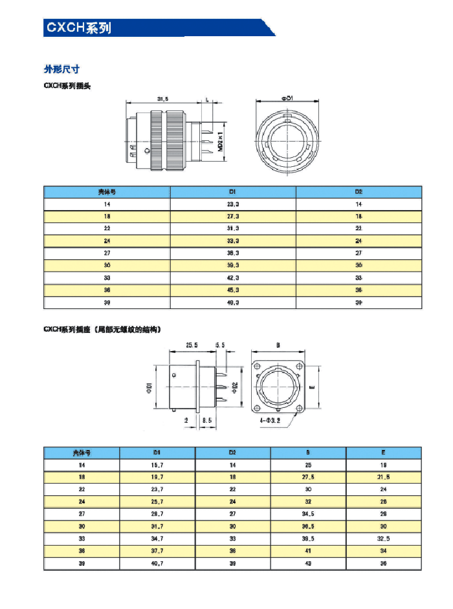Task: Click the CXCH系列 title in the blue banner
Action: point(78,28)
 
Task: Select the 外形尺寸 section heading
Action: point(61,70)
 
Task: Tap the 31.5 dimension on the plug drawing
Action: point(163,99)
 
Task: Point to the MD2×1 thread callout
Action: point(220,138)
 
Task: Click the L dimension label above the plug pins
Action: point(206,99)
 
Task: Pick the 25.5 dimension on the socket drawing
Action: point(192,346)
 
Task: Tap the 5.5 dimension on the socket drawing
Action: point(220,346)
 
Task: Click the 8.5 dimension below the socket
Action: point(207,421)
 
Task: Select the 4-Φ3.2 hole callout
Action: point(271,421)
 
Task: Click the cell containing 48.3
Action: point(233,303)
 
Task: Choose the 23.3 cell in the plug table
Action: point(233,204)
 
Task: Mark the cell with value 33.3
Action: point(233,240)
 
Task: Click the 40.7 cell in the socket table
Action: point(157,564)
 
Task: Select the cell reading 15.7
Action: point(157,465)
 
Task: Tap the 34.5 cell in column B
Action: point(308,514)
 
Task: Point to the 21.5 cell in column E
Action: point(384,477)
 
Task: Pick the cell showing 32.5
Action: point(384,539)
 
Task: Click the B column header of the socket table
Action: point(308,453)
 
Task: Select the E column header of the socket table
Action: point(384,453)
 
